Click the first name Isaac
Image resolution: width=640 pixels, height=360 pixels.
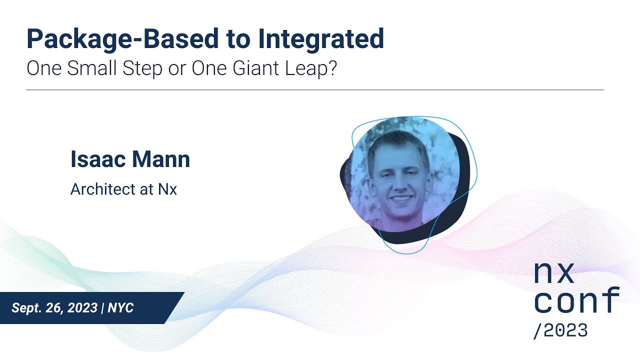click(98, 159)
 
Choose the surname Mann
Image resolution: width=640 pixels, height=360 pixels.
click(161, 159)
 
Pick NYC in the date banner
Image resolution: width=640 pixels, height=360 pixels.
click(120, 308)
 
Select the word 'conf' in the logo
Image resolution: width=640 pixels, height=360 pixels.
click(576, 301)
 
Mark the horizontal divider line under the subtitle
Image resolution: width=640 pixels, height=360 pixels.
click(315, 90)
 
